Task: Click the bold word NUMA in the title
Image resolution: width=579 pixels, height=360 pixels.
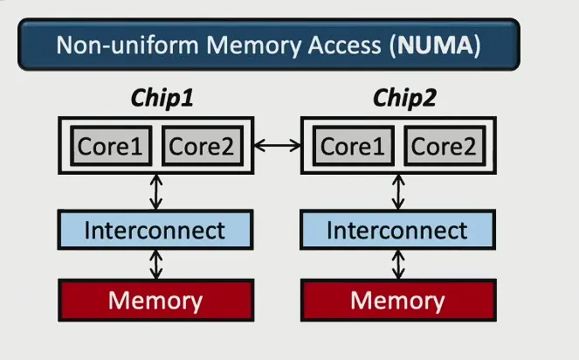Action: (436, 46)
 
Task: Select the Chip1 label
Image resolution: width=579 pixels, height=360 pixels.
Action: (162, 99)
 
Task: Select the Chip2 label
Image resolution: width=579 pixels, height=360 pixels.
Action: (404, 99)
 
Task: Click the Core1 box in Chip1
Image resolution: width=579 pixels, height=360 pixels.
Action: (110, 146)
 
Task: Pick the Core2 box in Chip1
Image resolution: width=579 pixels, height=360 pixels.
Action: (201, 146)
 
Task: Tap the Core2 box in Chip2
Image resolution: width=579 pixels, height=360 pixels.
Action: (443, 146)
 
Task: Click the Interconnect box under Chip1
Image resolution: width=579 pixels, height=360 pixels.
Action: (155, 231)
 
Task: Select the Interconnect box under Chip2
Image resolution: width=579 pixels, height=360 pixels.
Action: (398, 231)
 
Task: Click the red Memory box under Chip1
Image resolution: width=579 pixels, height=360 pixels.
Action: (155, 301)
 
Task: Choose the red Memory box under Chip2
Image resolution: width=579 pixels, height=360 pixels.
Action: (398, 301)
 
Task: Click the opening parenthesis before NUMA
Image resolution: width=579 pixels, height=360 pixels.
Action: (389, 46)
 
